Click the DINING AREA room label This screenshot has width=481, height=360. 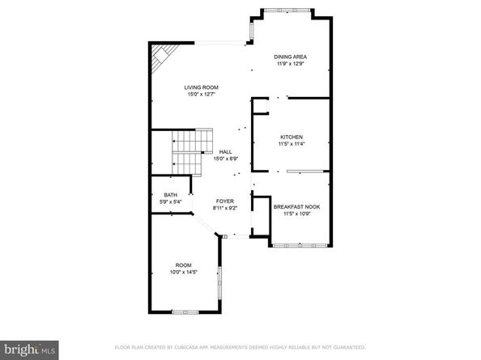(x=291, y=57)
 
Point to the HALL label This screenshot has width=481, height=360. (x=226, y=152)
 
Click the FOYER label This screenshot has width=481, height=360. (x=224, y=201)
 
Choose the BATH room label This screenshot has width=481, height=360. (x=170, y=195)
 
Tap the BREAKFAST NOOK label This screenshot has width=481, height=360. (x=296, y=207)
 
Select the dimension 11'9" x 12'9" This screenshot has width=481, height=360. (x=291, y=64)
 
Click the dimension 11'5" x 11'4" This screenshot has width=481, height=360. (x=291, y=145)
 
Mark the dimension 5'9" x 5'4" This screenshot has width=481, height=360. (x=170, y=202)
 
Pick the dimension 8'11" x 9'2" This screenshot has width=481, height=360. (x=224, y=208)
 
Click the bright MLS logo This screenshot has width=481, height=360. (x=29, y=350)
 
